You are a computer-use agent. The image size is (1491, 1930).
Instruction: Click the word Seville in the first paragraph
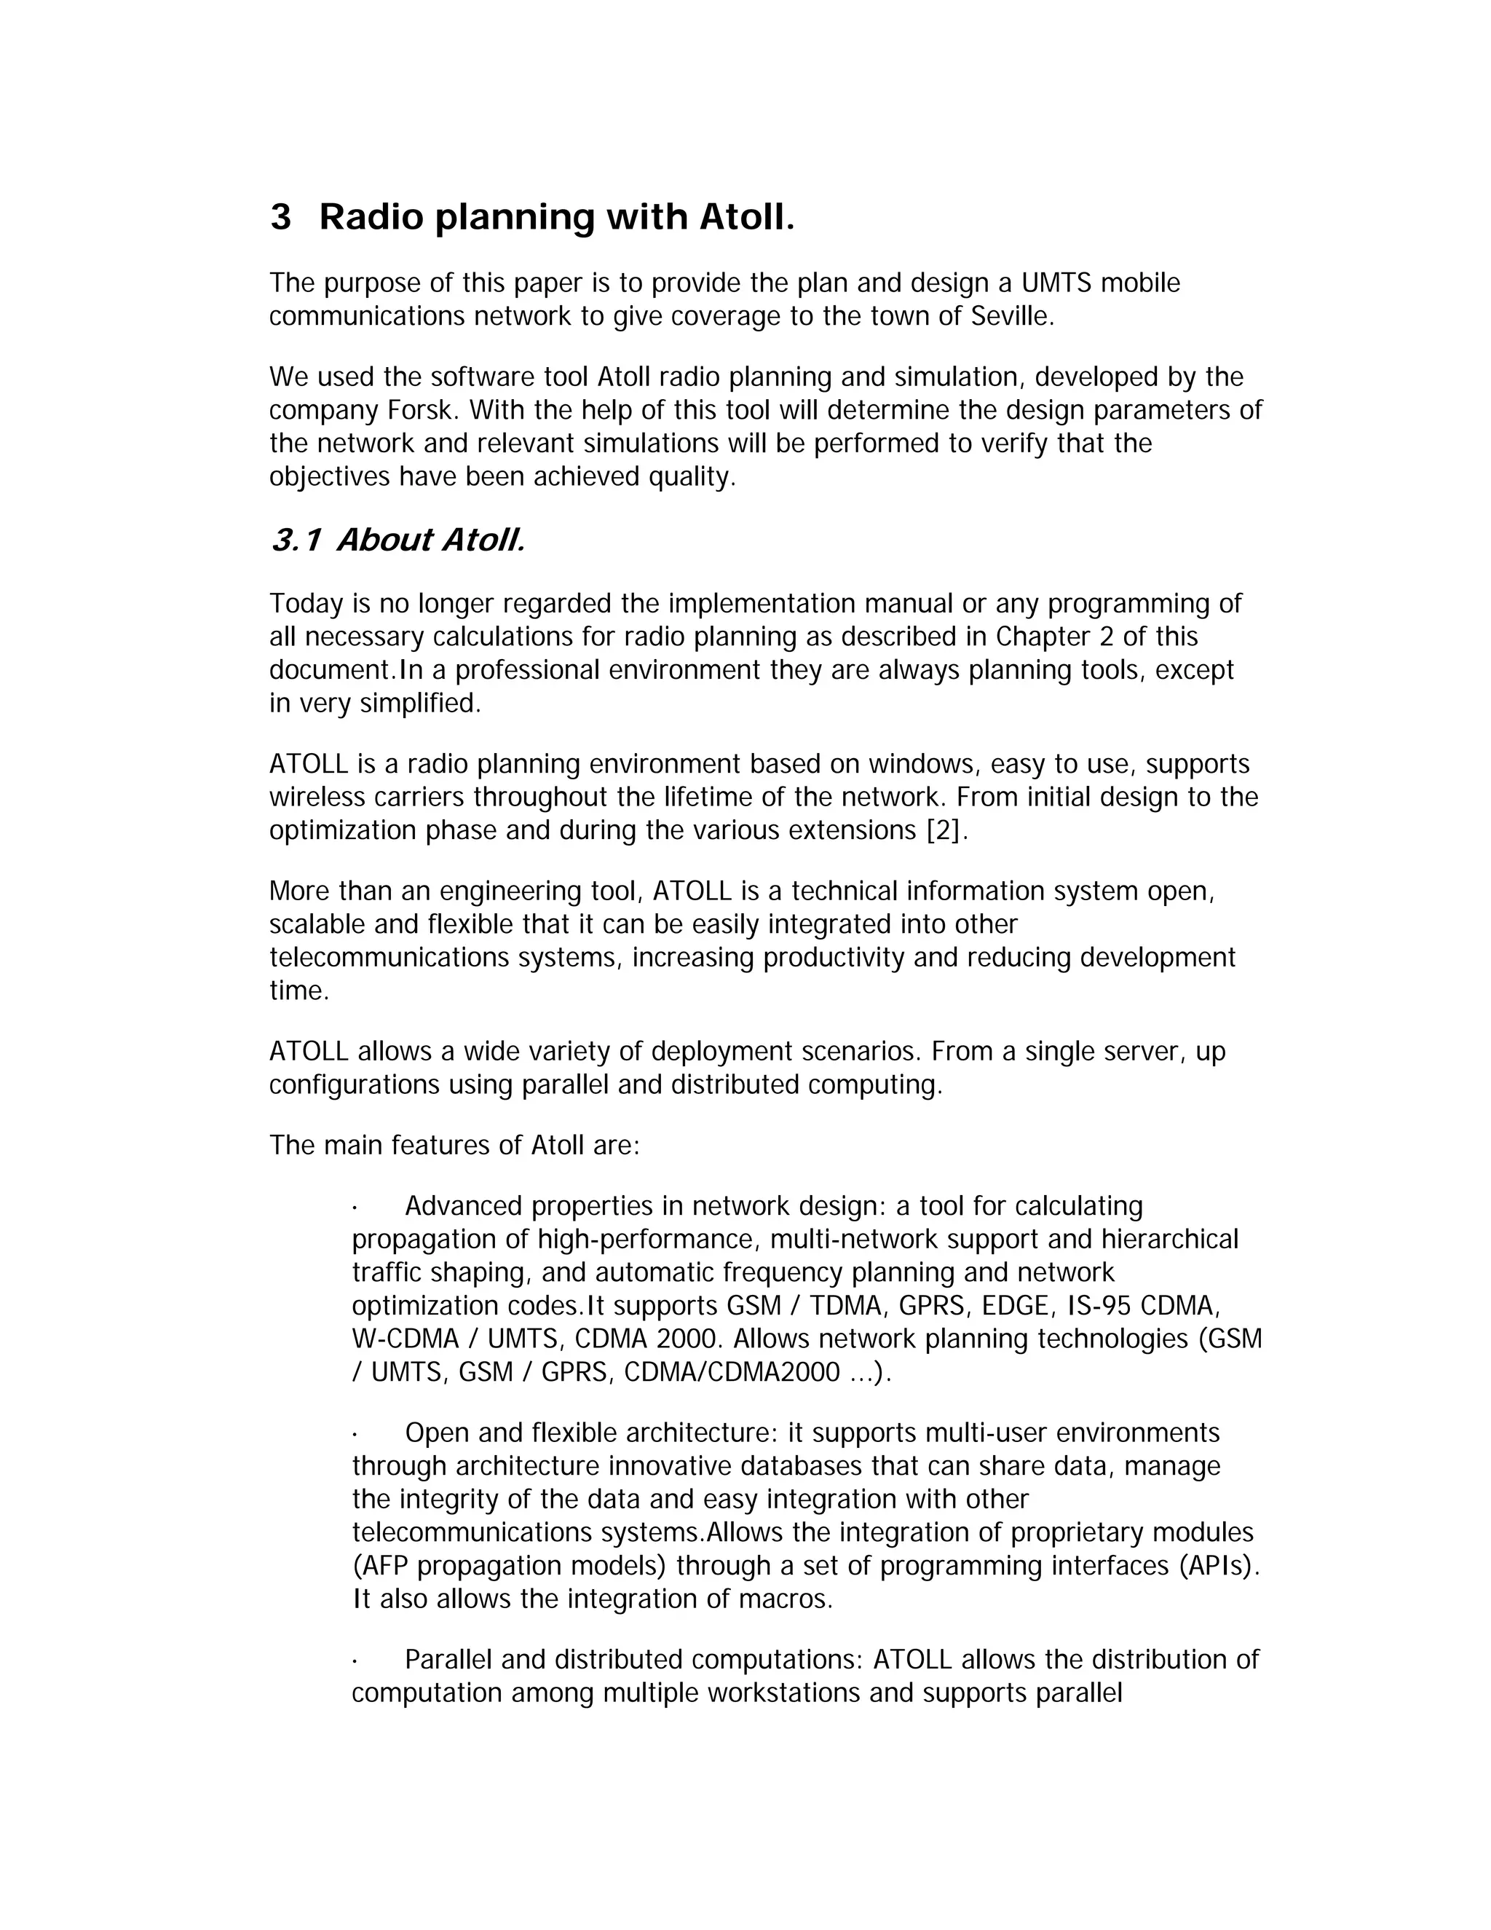(1011, 316)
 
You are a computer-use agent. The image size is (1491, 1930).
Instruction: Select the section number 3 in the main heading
(280, 217)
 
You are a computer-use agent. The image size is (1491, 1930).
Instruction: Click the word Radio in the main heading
(371, 217)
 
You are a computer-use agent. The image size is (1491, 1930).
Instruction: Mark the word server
(1147, 1052)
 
